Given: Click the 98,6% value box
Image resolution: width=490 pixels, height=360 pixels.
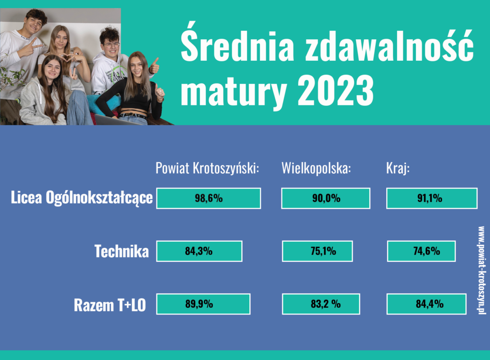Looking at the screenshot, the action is point(209,198).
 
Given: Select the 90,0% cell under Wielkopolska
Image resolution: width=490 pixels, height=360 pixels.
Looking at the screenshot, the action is point(325,198).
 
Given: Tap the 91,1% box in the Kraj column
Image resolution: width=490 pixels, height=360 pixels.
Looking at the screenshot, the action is point(432,198).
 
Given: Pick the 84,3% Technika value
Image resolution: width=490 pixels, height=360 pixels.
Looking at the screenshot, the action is point(199,251).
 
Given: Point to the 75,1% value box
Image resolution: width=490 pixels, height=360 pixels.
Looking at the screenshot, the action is point(317,251).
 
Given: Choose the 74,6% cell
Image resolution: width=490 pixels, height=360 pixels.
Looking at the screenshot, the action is point(421,251).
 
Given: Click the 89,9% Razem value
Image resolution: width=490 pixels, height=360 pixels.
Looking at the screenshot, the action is point(203,304).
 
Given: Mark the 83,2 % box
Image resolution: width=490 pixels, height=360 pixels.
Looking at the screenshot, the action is point(321,304).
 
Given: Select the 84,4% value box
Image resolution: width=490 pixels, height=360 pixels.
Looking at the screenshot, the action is point(426,304).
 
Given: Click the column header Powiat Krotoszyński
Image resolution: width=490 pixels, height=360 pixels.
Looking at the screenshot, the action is point(207,168).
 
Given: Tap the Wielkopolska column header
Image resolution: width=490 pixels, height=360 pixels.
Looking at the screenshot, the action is point(316,168).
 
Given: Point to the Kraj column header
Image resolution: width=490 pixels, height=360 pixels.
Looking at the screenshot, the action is point(398,168).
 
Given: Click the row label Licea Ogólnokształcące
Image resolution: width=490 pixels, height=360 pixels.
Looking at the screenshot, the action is point(81,198).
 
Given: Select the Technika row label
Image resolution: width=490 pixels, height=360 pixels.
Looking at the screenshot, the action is point(122,251).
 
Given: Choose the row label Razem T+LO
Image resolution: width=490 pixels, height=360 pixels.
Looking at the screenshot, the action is point(110,305).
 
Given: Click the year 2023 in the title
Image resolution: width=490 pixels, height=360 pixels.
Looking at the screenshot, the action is point(335,90).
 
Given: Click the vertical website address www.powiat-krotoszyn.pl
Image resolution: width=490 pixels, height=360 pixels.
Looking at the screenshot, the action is point(481,270).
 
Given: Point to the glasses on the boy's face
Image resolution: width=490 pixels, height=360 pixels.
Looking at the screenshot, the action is point(111,45).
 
